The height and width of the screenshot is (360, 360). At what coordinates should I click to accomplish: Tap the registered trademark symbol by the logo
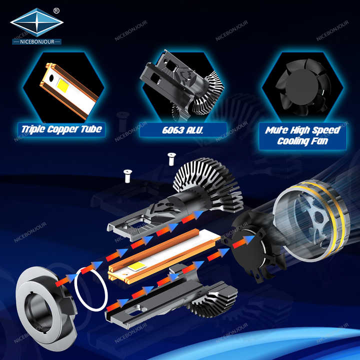[x=56, y=9]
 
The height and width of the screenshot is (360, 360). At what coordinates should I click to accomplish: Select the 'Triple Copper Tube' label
[x=62, y=129]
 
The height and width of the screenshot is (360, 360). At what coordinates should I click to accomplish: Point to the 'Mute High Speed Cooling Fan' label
[x=302, y=135]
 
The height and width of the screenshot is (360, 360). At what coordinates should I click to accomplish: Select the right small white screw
[x=170, y=159]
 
